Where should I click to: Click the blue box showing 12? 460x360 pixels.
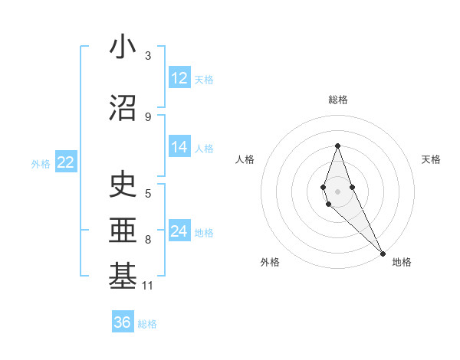179,78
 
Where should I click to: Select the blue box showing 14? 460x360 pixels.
179,148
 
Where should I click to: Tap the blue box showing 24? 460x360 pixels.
179,231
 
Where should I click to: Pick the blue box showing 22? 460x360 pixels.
65,162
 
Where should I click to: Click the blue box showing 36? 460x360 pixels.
123,322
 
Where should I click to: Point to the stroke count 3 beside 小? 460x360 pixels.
148,56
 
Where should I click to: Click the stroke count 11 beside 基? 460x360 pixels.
149,286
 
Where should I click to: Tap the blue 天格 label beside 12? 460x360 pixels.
204,79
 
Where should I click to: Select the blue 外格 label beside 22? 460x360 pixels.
41,162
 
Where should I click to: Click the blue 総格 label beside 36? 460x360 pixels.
147,323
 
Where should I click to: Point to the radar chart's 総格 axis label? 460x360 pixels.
337,100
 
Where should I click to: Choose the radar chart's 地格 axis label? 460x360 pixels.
402,262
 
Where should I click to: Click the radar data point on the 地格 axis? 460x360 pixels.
383,254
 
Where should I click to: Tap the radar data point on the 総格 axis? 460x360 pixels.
337,146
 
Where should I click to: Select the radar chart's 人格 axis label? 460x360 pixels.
245,159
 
